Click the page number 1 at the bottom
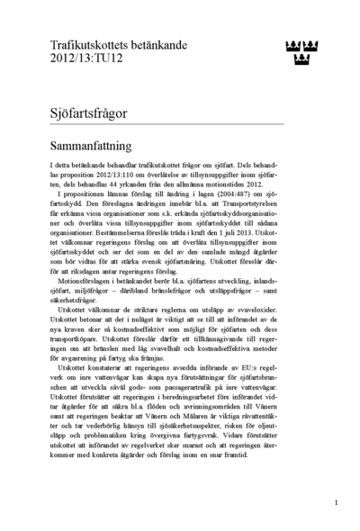coord(335,502)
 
